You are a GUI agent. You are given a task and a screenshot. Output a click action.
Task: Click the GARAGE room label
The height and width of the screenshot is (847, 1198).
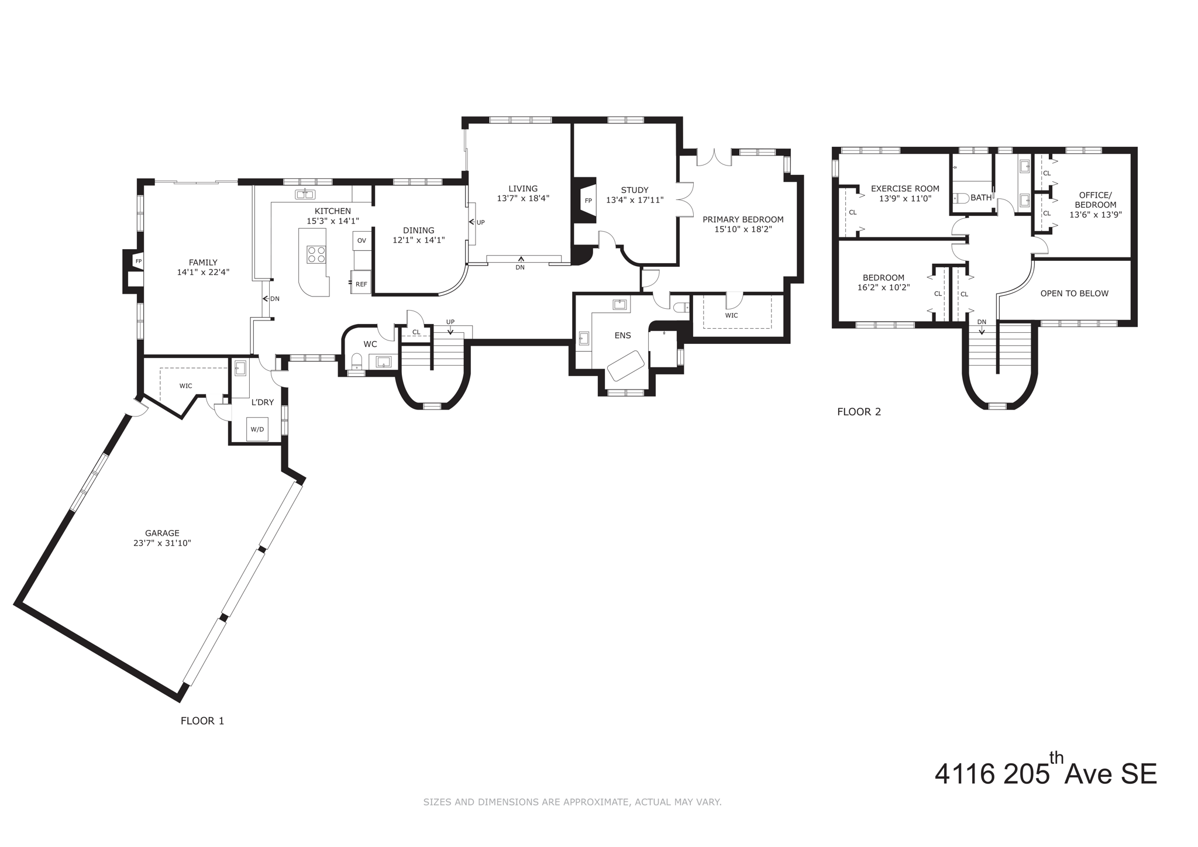tap(162, 533)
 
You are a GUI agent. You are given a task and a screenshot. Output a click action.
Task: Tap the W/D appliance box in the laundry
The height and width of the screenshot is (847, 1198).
tap(257, 429)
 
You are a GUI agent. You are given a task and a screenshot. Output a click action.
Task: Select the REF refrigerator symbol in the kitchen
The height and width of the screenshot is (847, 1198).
tap(361, 284)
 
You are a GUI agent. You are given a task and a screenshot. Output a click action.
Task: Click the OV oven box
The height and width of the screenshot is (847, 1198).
tap(362, 240)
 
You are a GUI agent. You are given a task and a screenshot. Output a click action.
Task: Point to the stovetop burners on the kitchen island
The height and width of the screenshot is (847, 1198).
tap(316, 255)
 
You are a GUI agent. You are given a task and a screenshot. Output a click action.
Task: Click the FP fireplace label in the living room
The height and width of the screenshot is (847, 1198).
tap(588, 201)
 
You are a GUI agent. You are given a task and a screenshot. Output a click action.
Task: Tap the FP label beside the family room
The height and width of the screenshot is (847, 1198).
tap(139, 261)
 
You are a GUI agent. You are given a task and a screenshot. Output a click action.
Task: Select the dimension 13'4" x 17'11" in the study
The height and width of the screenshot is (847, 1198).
tap(635, 200)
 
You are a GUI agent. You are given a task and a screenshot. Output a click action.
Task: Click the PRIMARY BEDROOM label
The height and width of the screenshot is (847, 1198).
tap(743, 219)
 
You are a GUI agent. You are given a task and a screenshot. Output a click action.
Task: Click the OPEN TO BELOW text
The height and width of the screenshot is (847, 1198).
tap(1074, 294)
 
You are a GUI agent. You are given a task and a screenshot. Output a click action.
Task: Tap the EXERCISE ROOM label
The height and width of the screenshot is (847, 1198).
tap(905, 188)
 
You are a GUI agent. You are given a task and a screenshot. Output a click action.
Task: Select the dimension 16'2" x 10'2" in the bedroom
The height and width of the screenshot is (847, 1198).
tap(883, 287)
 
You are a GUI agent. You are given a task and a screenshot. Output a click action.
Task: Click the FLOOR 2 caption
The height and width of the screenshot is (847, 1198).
tap(859, 412)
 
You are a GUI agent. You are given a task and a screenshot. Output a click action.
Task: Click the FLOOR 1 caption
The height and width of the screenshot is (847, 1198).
tap(202, 721)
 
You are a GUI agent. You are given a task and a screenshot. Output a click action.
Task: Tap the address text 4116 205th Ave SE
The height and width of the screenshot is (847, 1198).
tap(1045, 774)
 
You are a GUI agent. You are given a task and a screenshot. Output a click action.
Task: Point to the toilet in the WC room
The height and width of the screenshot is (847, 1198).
tap(357, 360)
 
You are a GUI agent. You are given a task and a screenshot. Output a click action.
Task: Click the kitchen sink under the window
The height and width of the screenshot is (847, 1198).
tap(305, 194)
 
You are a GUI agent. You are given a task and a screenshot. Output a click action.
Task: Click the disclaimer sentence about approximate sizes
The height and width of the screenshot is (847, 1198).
tap(572, 802)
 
